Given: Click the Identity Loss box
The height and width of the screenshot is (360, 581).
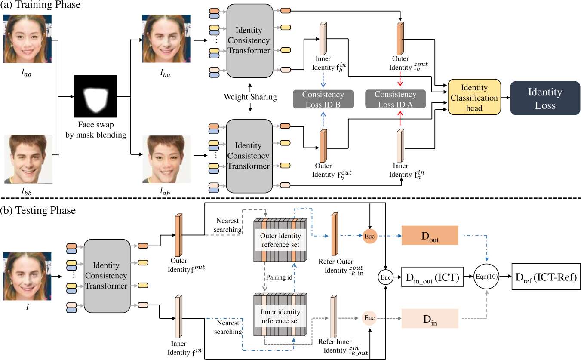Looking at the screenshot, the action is click(x=545, y=98).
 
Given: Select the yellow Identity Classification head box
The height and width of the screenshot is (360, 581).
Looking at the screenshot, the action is click(x=474, y=97).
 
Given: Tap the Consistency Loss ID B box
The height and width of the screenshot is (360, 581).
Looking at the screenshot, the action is click(x=323, y=99).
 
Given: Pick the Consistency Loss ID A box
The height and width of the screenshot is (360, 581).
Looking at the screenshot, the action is click(x=395, y=99).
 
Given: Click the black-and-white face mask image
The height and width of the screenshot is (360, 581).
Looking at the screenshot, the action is click(x=95, y=96).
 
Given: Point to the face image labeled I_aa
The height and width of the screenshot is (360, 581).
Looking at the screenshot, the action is click(x=28, y=39).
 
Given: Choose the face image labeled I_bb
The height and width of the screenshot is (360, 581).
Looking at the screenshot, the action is click(x=28, y=159).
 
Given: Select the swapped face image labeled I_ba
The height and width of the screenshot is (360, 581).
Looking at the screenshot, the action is click(x=166, y=39).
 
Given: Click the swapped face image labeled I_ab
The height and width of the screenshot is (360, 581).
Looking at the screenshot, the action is click(x=166, y=159).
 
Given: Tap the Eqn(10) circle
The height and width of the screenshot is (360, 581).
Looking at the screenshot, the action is click(x=486, y=277).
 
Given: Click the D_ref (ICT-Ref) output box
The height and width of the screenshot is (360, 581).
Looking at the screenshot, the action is click(x=546, y=277).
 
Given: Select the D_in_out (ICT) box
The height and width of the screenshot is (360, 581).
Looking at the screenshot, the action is click(x=432, y=277).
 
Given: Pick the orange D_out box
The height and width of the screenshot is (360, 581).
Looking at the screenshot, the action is click(x=430, y=235).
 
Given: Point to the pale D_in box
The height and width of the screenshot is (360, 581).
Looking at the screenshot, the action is click(x=430, y=319).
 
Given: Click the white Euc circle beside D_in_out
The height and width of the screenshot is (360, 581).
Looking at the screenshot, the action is click(x=386, y=277).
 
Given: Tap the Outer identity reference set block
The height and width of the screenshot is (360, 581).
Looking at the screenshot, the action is click(x=280, y=240).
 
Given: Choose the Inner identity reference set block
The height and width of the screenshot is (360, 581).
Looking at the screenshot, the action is click(x=280, y=314).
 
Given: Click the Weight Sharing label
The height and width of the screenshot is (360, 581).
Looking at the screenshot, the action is click(x=250, y=97).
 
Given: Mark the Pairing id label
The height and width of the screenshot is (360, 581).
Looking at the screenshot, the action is click(x=279, y=277).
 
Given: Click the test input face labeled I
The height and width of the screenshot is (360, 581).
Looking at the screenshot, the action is click(x=27, y=277).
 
